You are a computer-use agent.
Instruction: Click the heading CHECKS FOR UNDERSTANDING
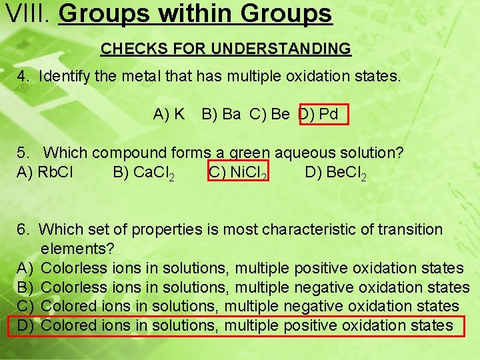[225, 49]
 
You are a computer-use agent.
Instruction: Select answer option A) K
[169, 114]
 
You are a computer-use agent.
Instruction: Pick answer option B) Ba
[221, 114]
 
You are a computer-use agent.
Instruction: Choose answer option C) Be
[269, 114]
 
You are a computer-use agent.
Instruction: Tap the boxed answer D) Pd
[323, 114]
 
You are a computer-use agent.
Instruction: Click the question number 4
[23, 76]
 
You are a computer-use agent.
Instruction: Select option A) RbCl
[45, 172]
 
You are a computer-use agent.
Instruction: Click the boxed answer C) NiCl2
[238, 173]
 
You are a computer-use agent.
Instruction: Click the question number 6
[23, 230]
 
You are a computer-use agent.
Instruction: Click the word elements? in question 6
[77, 249]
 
